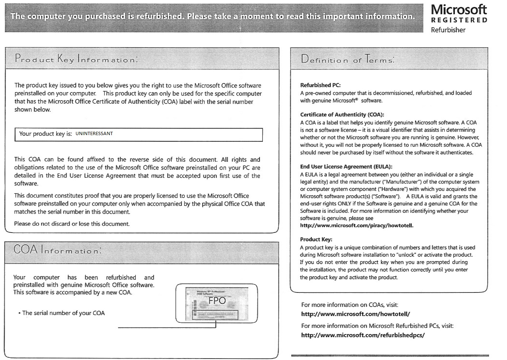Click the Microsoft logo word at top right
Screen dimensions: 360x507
tap(459, 10)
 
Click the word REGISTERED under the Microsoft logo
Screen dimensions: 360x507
tap(459, 20)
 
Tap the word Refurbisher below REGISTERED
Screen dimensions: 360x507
tap(448, 30)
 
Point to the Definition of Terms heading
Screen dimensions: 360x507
tap(347, 60)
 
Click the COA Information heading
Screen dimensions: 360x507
tap(57, 250)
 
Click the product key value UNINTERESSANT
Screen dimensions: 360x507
tap(94, 134)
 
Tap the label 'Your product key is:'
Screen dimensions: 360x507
tap(45, 134)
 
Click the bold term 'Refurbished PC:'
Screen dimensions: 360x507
tap(320, 85)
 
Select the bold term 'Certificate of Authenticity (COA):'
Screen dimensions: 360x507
tap(342, 115)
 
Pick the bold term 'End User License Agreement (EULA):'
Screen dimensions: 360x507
tap(346, 167)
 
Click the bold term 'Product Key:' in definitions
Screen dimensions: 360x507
tap(316, 240)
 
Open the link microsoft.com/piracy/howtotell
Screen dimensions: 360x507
tap(357, 226)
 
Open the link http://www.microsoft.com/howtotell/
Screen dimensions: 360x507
tap(356, 314)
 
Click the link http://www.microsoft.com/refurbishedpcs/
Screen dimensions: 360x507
tap(363, 335)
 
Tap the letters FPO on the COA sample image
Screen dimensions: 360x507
tap(217, 300)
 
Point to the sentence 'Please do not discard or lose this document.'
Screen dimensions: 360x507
tap(72, 224)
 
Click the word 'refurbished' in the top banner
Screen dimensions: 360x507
tap(153, 16)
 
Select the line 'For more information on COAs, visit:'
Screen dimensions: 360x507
tap(349, 305)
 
